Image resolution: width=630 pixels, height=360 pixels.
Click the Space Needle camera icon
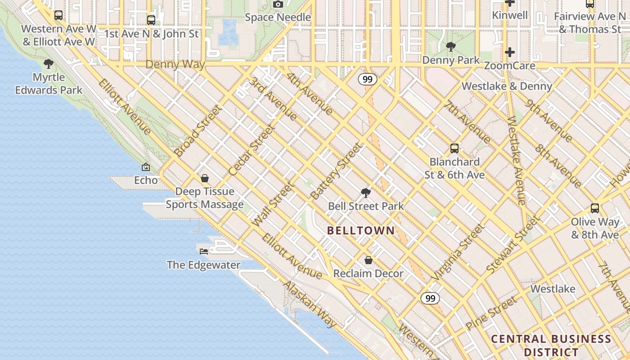click(278, 4)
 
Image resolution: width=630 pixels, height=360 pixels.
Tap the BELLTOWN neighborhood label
click(360, 231)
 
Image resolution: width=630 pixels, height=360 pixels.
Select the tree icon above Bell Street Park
click(366, 193)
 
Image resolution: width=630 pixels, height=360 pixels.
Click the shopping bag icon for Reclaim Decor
click(369, 260)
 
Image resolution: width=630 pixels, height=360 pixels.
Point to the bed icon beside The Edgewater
click(204, 251)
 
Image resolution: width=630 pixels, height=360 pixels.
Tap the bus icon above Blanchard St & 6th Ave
click(454, 148)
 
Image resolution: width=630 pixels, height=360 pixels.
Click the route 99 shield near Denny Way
click(368, 79)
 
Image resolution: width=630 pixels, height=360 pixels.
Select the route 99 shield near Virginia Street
click(430, 298)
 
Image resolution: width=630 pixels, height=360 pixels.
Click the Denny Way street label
click(175, 64)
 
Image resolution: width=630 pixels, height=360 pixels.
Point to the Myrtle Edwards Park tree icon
click(49, 64)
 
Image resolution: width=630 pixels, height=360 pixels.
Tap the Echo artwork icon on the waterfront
click(146, 167)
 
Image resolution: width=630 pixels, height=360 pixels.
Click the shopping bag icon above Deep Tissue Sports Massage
click(205, 178)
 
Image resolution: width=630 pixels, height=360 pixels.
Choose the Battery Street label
click(336, 171)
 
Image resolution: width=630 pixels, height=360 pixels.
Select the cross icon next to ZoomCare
click(509, 52)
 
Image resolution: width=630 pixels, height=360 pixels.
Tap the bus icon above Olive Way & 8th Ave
click(595, 208)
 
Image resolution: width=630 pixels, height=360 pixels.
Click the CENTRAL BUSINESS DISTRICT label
click(551, 345)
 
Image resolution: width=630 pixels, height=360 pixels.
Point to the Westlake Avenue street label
click(516, 160)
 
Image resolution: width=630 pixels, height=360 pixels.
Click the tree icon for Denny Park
click(450, 46)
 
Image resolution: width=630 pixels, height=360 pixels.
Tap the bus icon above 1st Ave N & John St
click(151, 20)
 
